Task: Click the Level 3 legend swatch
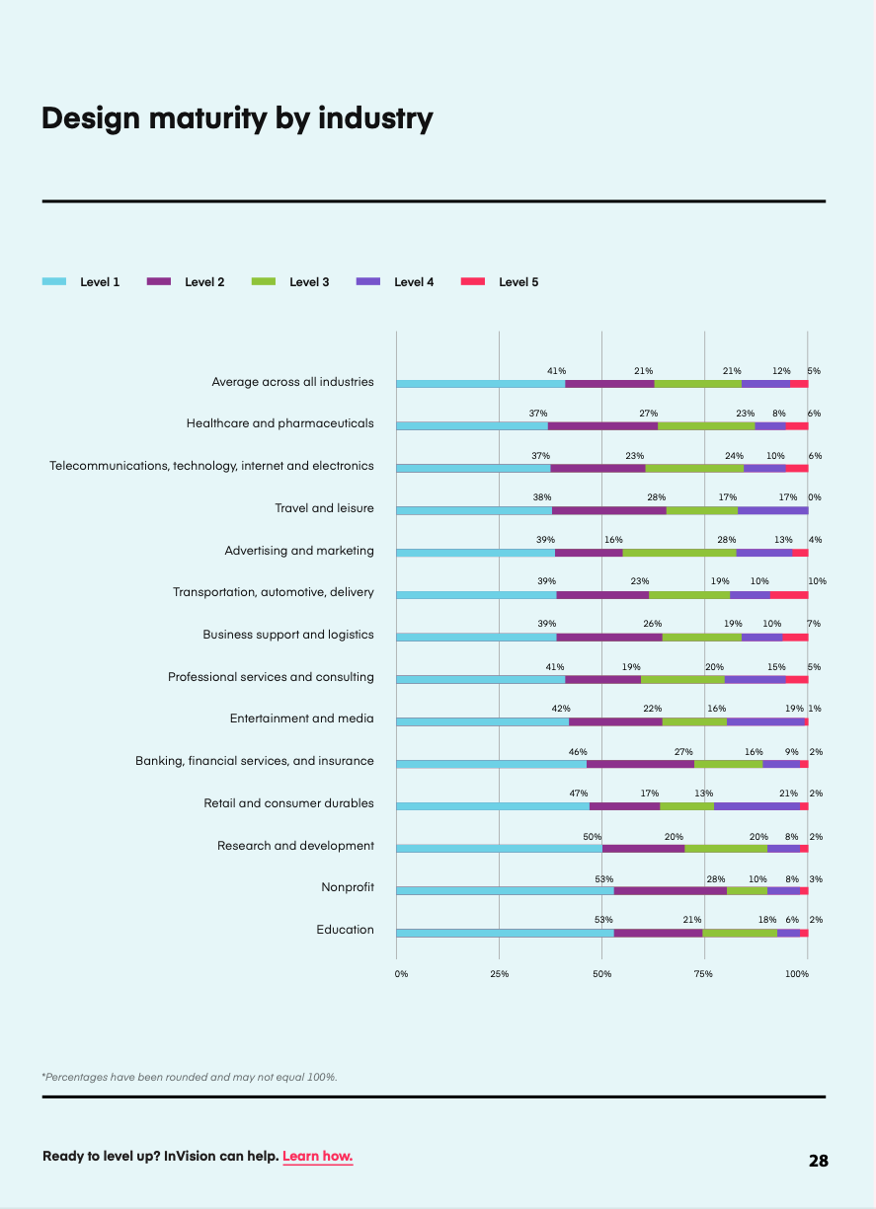(264, 281)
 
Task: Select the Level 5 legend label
(518, 281)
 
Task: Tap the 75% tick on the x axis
(703, 974)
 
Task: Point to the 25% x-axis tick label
(499, 974)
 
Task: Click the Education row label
(345, 930)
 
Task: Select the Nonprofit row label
(348, 887)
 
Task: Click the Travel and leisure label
(324, 508)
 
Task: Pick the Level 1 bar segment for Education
(505, 934)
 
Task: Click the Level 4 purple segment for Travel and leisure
(773, 510)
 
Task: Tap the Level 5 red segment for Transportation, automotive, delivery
(789, 595)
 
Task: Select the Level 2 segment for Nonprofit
(671, 890)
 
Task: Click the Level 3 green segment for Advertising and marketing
(679, 553)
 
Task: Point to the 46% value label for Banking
(578, 752)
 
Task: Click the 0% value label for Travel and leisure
(815, 497)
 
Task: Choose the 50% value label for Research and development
(592, 837)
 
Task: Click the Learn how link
(318, 1156)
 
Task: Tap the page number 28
(818, 1161)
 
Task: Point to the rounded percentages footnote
(190, 1077)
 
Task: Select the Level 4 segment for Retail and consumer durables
(757, 806)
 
